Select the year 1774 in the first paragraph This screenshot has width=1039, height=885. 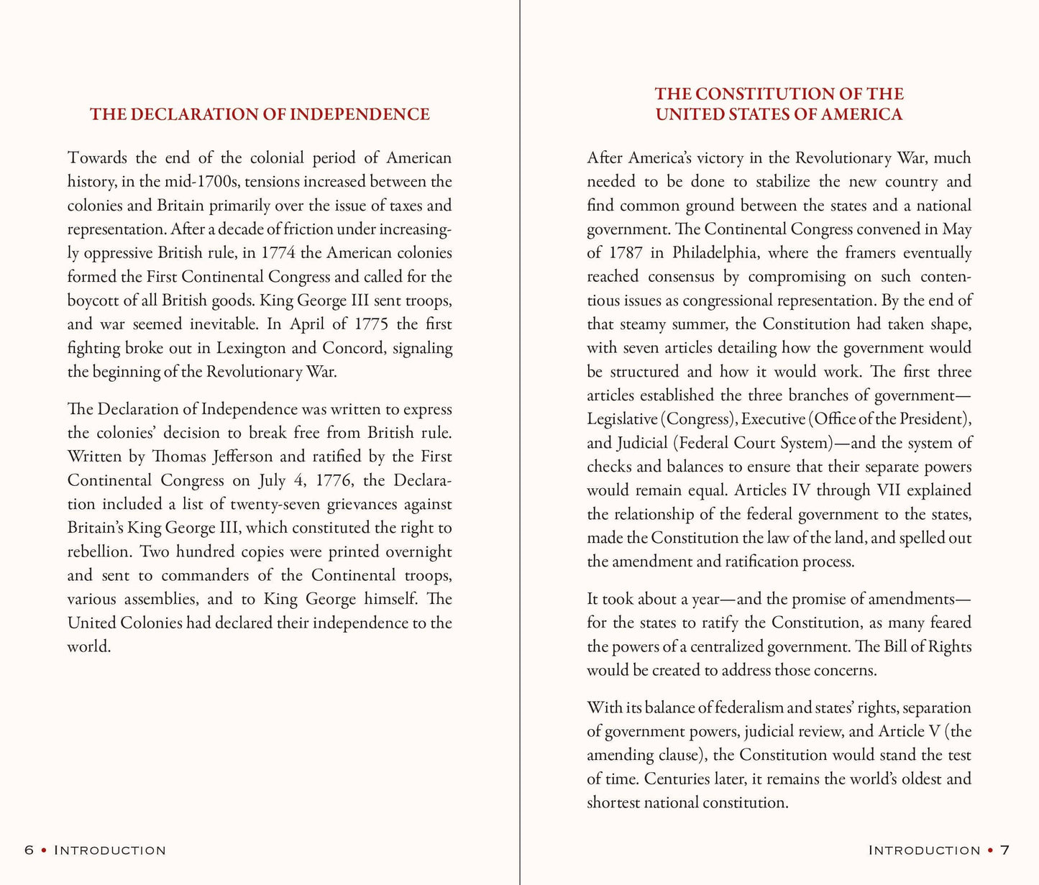(278, 253)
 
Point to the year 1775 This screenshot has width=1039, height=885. (372, 324)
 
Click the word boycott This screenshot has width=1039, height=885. (92, 301)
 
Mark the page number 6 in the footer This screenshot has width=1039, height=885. (29, 850)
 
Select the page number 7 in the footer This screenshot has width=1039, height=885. (1005, 850)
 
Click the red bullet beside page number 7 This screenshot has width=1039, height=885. (992, 850)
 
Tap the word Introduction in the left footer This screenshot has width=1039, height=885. (110, 850)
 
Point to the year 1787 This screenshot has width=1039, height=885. (626, 253)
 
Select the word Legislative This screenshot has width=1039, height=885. (622, 419)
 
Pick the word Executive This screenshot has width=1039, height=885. (772, 419)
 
